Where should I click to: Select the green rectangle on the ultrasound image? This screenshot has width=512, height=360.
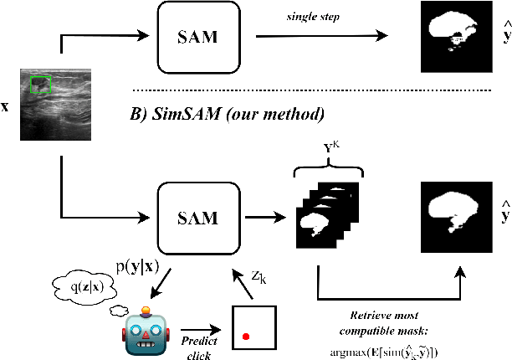click(x=41, y=85)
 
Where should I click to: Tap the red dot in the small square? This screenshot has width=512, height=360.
click(x=245, y=336)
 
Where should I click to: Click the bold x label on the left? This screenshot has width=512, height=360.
click(x=6, y=108)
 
